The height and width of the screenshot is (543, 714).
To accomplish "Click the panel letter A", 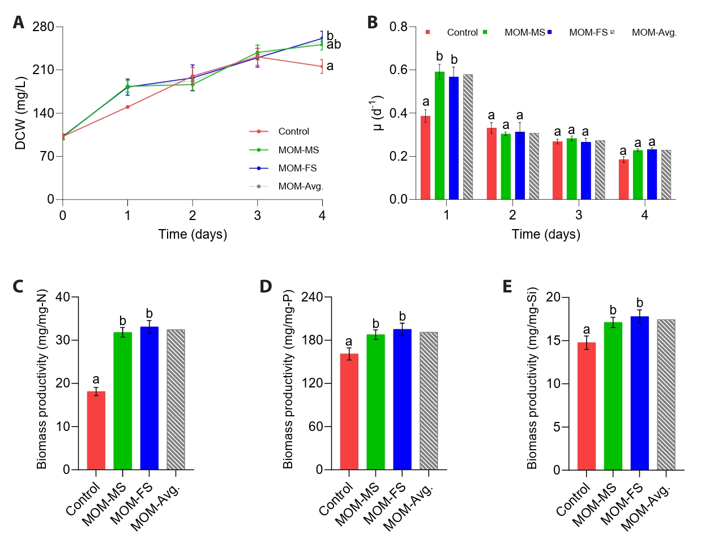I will (19, 23).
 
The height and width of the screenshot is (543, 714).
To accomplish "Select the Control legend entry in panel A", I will (293, 131).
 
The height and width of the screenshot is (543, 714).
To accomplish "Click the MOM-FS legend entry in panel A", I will (297, 168).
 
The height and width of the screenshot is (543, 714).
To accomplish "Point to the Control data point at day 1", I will (127, 107).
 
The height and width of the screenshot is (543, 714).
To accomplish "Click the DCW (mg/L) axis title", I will (21, 113).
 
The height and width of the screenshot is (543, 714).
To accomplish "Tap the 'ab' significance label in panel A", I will (334, 45).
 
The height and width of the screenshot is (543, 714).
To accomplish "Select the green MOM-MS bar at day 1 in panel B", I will (439, 136).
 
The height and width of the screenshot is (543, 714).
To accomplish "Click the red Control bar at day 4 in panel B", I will (623, 179).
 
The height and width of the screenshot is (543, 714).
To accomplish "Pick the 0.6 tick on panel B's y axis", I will (398, 70).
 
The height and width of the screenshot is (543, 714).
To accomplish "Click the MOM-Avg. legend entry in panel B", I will (654, 32).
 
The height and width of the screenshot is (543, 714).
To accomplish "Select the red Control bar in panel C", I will (96, 430).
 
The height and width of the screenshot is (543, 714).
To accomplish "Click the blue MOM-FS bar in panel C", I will (149, 398).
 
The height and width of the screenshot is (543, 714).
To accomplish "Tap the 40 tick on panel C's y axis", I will (63, 298).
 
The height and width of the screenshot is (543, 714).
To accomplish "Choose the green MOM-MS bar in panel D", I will (375, 402).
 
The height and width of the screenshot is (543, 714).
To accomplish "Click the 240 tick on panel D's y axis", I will (312, 298).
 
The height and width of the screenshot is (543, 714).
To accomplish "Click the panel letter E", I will (507, 287).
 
